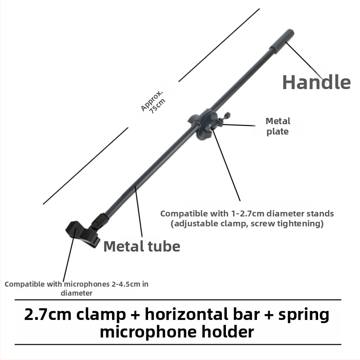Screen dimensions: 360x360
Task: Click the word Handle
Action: point(316,82)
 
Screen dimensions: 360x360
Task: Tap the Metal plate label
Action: point(278,126)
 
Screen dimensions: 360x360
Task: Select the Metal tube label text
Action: point(142,246)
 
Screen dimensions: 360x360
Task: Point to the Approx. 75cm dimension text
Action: point(153,103)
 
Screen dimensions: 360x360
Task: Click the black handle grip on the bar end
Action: point(282,41)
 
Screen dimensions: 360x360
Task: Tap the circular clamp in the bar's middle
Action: point(204,124)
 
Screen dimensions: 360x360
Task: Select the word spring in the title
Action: point(304,315)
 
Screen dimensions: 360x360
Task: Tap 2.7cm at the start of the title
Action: point(48,315)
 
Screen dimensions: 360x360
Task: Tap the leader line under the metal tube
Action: point(139,211)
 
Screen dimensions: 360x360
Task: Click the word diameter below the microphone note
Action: point(76,293)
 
